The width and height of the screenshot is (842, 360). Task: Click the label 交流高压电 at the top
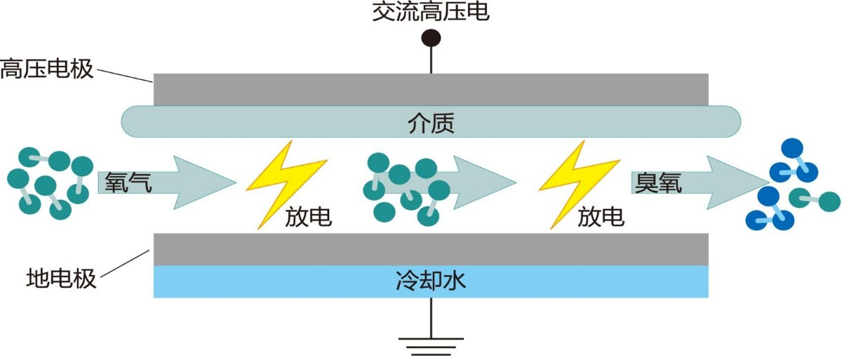coord(431,12)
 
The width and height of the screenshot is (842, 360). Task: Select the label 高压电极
coord(46,69)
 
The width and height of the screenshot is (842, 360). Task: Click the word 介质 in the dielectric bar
coord(431,124)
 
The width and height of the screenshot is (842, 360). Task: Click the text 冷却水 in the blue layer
coord(431,282)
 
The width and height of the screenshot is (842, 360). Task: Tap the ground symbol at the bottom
coord(431,345)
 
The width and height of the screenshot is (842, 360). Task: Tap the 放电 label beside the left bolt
coord(308,218)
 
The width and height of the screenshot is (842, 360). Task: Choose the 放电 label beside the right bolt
coord(601,218)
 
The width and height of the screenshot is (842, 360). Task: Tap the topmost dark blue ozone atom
coord(792,148)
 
